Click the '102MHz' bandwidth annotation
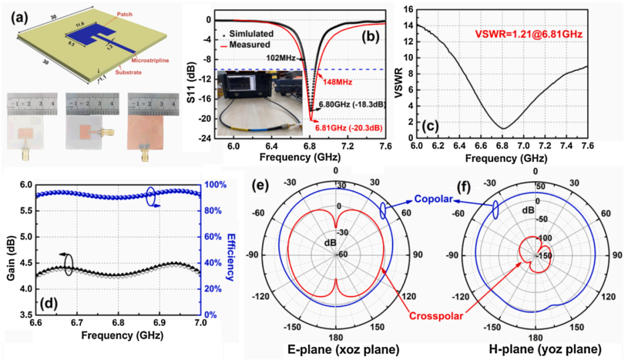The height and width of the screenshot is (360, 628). click(282, 58)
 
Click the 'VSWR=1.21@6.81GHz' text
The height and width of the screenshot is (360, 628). click(517, 34)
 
